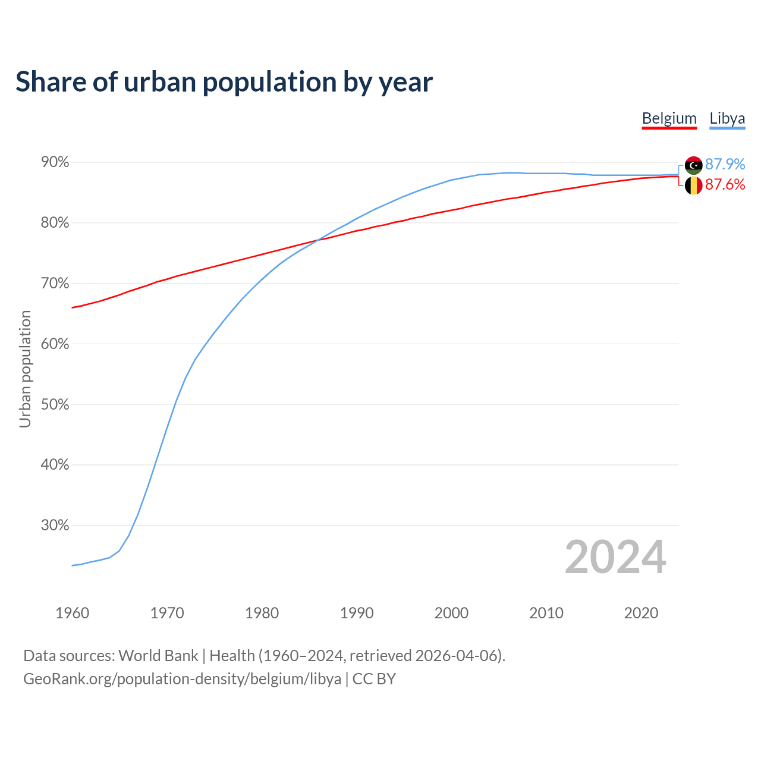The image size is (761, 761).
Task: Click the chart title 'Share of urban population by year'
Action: pos(224,82)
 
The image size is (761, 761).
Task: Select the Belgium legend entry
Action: pos(669,118)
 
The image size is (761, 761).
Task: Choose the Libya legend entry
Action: pos(727,118)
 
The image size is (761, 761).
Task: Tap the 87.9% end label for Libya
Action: pos(725,164)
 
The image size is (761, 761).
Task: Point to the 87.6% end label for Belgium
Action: pos(725,185)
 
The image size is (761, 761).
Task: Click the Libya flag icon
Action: pos(693,165)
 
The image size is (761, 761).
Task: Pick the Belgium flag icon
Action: pos(693,185)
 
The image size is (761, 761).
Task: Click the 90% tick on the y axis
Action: pos(55,162)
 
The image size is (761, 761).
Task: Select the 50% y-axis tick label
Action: pos(55,404)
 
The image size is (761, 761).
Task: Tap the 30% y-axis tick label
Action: pos(55,526)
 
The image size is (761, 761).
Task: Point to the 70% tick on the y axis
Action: pos(55,284)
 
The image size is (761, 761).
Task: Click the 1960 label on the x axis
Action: pos(72,613)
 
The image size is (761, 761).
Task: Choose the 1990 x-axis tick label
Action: pos(357,613)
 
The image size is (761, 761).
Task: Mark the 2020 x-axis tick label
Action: pos(641,613)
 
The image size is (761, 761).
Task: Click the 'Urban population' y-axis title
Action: pos(25,369)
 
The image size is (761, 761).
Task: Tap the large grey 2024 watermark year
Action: pos(615,557)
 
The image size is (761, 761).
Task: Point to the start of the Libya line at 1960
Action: pos(73,565)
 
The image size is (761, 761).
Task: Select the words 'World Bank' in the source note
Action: pos(158,656)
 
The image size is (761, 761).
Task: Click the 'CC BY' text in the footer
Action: pos(374,679)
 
